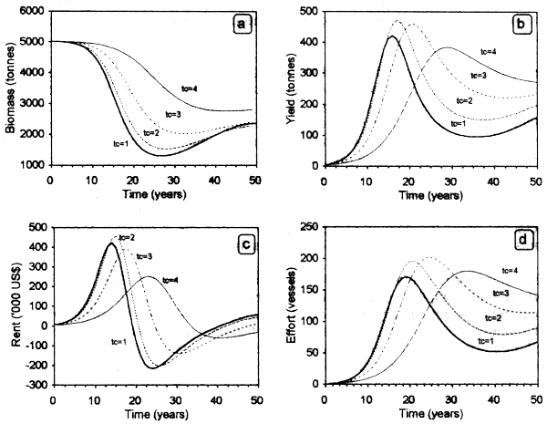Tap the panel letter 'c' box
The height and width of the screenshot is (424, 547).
243,245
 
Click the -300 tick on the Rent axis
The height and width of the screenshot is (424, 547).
36,385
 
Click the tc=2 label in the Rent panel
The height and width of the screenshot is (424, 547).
122,238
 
